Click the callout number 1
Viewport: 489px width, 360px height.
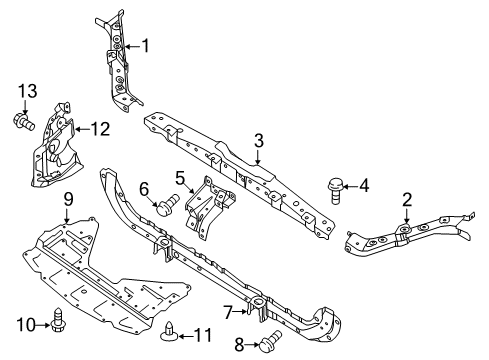click(x=146, y=44)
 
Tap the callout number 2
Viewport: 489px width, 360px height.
click(x=406, y=200)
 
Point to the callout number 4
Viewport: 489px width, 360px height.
click(x=364, y=185)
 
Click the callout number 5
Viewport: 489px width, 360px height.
click(x=181, y=178)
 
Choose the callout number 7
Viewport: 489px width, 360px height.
click(x=228, y=312)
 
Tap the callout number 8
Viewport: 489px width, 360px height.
click(x=238, y=346)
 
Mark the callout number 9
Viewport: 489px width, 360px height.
click(x=69, y=199)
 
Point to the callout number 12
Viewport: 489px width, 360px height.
click(x=99, y=128)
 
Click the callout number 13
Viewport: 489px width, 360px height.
click(x=25, y=93)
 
